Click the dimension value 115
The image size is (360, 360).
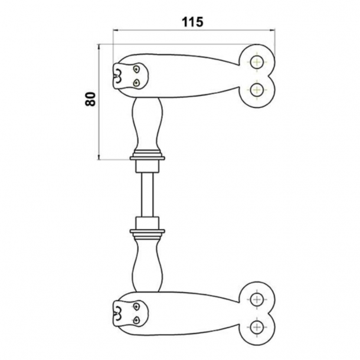[x=192, y=22]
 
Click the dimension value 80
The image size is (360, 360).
[x=90, y=98]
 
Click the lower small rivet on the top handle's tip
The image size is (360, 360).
[x=136, y=83]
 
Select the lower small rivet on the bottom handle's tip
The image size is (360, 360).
[x=136, y=320]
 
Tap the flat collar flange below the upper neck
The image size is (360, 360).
[x=146, y=156]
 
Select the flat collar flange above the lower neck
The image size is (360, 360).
[x=146, y=230]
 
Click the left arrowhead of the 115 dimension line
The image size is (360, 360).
[x=115, y=31]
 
